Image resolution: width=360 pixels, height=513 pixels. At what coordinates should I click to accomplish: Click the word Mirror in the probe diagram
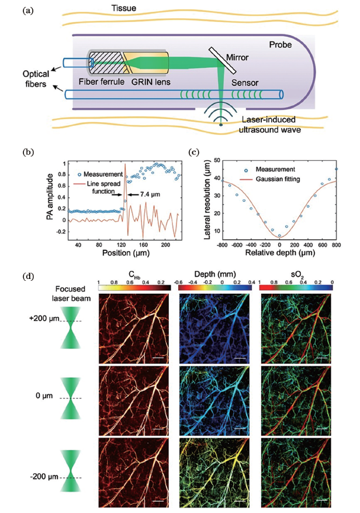pos(237,58)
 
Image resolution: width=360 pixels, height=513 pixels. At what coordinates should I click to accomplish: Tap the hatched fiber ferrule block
pos(106,60)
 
